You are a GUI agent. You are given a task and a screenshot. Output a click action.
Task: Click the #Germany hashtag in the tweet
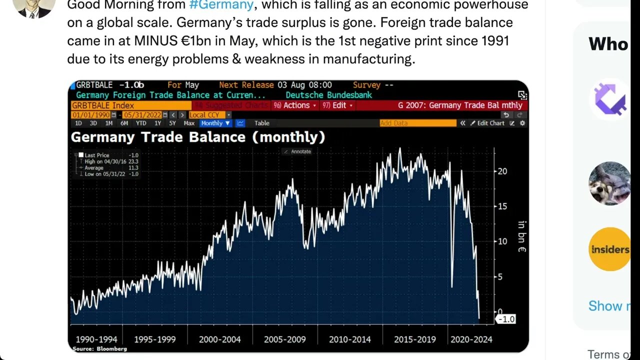[x=221, y=5]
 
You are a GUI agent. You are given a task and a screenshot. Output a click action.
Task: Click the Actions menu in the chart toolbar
[x=297, y=105]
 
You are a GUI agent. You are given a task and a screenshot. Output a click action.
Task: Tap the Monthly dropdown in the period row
[x=215, y=123]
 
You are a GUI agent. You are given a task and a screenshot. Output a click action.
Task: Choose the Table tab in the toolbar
[x=261, y=123]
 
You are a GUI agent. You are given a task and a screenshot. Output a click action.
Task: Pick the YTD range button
[x=141, y=123]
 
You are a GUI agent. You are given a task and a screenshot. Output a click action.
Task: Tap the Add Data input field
[x=417, y=123]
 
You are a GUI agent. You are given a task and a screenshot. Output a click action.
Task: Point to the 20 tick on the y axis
[x=501, y=171]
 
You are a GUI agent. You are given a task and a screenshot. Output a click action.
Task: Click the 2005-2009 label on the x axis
[x=285, y=339]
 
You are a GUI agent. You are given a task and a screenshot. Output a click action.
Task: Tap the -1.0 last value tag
[x=505, y=319]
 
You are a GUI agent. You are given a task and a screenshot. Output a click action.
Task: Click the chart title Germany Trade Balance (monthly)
[x=198, y=137]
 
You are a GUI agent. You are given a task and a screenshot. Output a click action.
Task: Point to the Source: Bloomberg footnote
[x=93, y=348]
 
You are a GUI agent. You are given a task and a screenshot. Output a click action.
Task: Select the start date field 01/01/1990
[x=91, y=114]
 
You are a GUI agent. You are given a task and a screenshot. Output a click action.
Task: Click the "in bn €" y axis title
[x=522, y=236]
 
